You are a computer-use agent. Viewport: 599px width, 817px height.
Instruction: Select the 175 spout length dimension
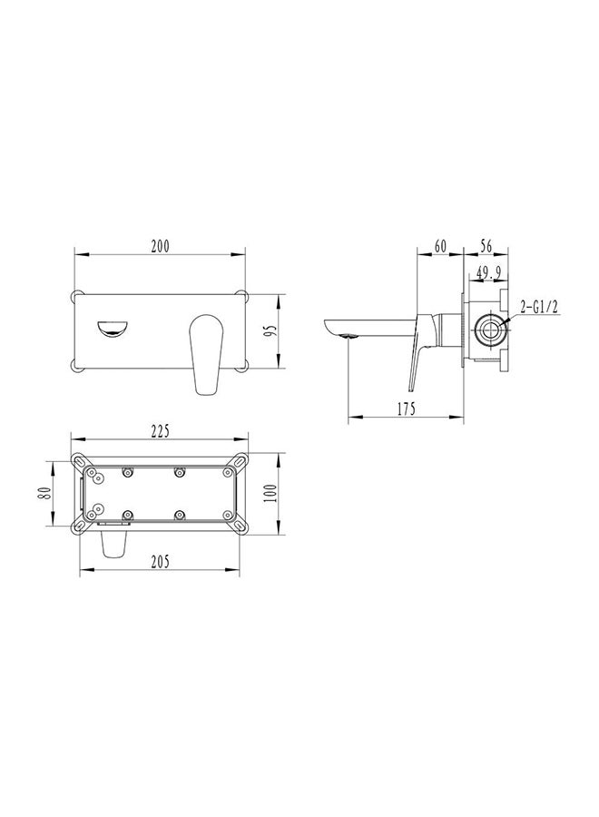405,409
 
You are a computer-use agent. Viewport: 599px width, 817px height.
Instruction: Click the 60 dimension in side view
440,246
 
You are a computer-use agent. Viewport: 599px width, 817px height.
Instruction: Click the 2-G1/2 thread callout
539,309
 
